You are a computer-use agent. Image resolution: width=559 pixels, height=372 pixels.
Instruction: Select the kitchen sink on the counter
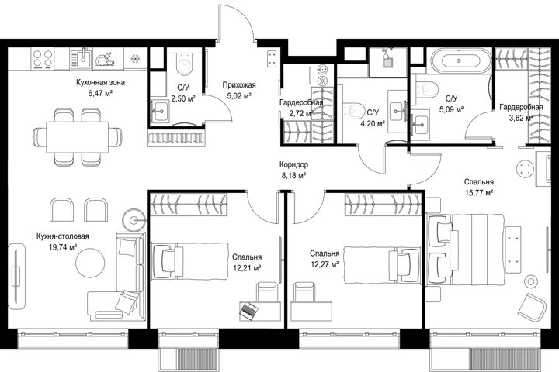[x=82, y=59]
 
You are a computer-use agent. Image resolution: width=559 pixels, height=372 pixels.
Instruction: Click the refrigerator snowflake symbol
[x=135, y=59]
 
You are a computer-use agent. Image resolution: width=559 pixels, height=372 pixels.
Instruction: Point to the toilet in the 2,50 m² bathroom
[x=184, y=64]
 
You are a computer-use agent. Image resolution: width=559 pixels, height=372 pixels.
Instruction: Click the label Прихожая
[x=239, y=84]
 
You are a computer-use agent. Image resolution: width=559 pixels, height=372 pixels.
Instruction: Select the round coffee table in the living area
[x=90, y=263]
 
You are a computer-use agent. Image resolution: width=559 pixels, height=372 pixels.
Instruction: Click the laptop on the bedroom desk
[x=249, y=309]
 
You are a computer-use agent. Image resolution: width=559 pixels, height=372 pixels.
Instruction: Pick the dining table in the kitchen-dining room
[x=78, y=137]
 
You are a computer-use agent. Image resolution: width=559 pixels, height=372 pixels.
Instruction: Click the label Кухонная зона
[x=100, y=83]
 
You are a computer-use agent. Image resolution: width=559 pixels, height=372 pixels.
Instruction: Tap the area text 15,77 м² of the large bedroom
[x=479, y=192]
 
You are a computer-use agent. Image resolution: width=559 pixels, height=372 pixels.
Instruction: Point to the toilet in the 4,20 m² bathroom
[x=355, y=110]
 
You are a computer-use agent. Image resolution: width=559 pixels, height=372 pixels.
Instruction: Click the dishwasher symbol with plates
[x=105, y=59]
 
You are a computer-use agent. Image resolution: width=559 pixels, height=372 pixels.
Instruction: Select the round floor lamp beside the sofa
[x=134, y=221]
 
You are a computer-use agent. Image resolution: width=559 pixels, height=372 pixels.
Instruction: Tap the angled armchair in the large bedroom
[x=532, y=306]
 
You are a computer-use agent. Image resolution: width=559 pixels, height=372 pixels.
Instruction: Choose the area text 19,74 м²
[x=63, y=247]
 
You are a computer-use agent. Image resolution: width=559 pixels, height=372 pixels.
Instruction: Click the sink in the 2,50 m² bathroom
[x=159, y=111]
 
